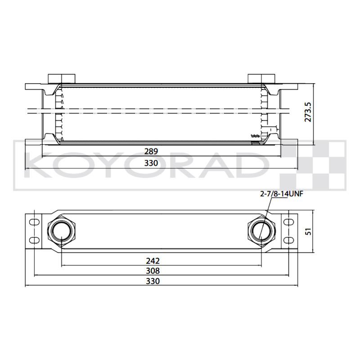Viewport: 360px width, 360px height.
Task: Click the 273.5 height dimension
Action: coord(308,112)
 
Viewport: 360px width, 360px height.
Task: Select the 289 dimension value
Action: coord(151,152)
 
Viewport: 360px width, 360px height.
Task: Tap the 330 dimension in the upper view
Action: coord(151,163)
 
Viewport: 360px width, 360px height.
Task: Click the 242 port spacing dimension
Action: coord(153,261)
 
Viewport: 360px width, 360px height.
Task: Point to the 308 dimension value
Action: coord(153,271)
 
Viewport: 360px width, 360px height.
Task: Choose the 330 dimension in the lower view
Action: coord(153,281)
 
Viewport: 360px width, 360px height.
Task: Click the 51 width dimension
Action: coord(309,231)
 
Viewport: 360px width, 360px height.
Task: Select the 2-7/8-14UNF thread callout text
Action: coord(282,194)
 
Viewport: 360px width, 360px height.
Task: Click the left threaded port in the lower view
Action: coord(61,231)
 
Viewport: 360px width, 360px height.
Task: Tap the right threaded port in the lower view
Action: coord(261,231)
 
